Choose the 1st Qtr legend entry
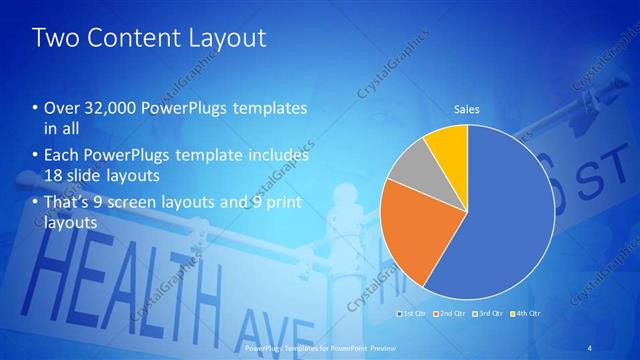point(414,314)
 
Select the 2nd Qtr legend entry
point(450,314)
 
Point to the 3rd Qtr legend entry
point(487,314)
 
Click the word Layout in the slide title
point(220,38)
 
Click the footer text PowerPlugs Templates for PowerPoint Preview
point(319,347)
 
